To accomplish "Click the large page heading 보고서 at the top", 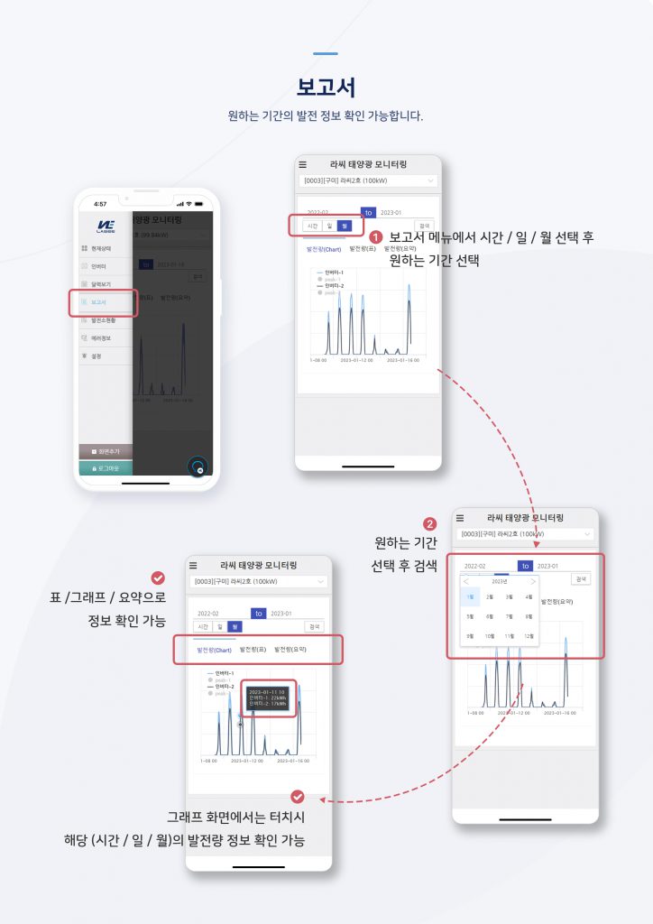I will pos(326,88).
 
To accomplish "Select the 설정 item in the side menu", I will pos(96,356).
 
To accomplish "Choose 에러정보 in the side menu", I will pos(100,338).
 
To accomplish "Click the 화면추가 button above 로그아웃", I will pos(105,450).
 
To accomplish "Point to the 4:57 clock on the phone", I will pos(100,204).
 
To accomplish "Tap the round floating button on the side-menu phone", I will pos(198,467).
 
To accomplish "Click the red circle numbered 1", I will pos(376,236).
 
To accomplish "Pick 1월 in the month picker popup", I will pos(469,596).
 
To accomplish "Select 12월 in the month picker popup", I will pos(529,636).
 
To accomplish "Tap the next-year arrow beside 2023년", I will pos(533,581).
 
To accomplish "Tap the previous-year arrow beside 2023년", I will pos(466,581).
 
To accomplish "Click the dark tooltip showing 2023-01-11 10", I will pos(268,698).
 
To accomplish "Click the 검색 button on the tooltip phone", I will pos(314,626).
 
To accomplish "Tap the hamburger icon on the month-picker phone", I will pos(460,518).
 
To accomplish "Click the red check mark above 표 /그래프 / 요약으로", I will pos(158,578).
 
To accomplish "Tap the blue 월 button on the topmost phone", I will pos(344,226).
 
